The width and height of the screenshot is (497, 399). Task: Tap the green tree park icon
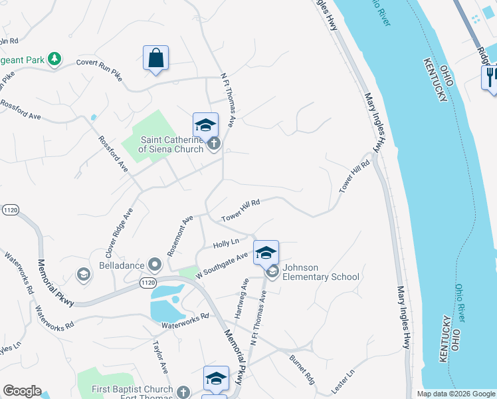pyautogui.click(x=54, y=60)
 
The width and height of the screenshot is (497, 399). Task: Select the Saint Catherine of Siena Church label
pyautogui.click(x=172, y=144)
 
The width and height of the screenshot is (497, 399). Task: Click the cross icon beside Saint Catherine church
pyautogui.click(x=214, y=143)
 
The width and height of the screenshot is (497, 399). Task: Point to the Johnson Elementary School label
pyautogui.click(x=321, y=272)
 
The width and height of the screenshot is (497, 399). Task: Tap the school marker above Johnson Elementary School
pyautogui.click(x=266, y=253)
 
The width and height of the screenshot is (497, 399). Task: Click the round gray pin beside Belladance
pyautogui.click(x=155, y=265)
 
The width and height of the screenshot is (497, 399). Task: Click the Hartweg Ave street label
pyautogui.click(x=241, y=297)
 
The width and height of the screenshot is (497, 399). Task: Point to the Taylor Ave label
pyautogui.click(x=160, y=358)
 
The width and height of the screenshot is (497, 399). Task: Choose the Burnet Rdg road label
pyautogui.click(x=301, y=368)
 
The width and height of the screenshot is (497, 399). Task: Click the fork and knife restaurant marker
pyautogui.click(x=490, y=77)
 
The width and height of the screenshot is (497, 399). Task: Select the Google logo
pyautogui.click(x=22, y=391)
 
